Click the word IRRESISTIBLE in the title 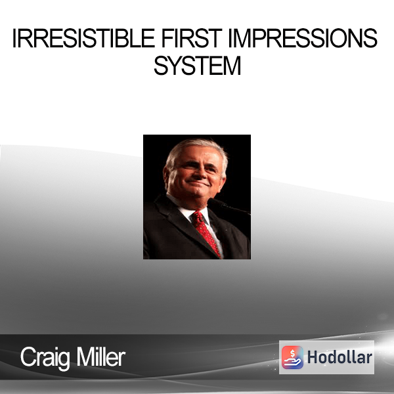pos(83,38)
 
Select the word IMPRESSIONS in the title pos(303,38)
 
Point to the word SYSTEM pos(198,66)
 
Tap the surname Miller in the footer pos(101,357)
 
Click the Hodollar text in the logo pos(339,357)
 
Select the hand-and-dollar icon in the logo pos(292,357)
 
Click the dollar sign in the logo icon pos(292,353)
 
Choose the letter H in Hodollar pos(311,357)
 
